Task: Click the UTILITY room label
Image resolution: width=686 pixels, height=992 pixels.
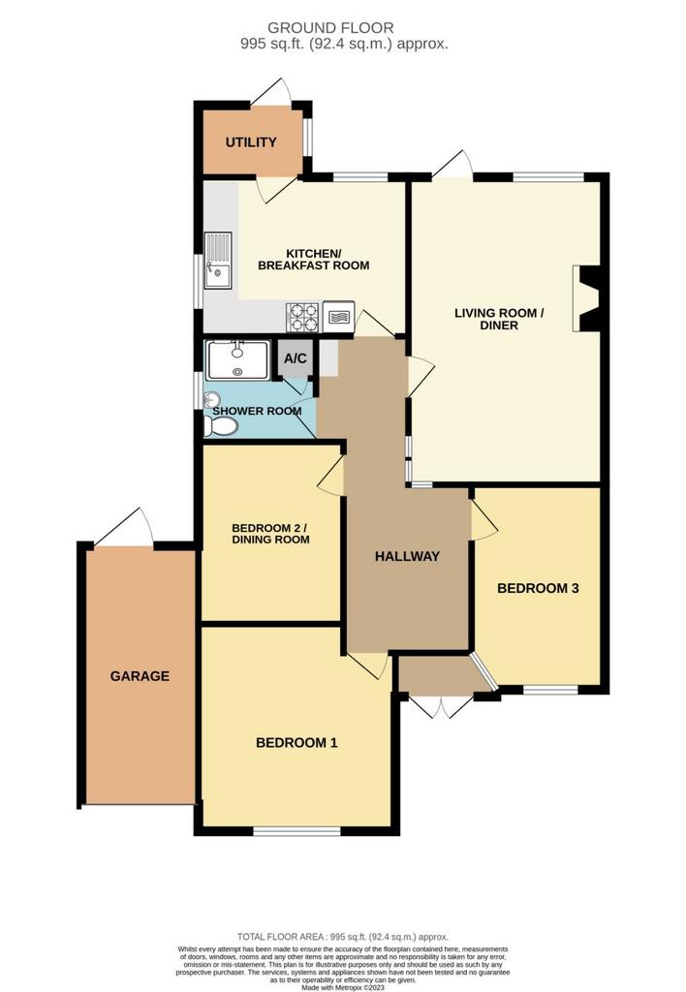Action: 251,142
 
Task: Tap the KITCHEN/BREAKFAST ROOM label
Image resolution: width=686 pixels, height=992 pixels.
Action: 314,260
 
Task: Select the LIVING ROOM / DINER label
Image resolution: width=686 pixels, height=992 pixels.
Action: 499,319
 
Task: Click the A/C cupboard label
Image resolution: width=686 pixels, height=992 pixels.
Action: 295,358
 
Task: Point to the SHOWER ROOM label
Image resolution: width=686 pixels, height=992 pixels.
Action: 257,411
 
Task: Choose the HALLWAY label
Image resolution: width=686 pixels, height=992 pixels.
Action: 407,556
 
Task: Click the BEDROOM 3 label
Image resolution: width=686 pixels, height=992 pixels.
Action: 538,588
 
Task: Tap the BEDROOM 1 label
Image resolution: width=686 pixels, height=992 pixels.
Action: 296,743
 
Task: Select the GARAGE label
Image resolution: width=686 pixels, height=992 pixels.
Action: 140,676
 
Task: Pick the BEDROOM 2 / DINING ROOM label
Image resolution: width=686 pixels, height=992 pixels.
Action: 270,534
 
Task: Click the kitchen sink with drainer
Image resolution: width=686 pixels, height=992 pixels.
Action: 218,261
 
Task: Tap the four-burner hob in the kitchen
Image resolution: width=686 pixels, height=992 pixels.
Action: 302,318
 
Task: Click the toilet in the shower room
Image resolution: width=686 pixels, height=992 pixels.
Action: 220,426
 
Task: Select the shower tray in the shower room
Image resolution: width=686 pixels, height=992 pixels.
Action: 237,360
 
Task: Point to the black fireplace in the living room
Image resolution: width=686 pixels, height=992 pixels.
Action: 586,298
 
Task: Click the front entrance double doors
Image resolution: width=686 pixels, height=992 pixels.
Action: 441,705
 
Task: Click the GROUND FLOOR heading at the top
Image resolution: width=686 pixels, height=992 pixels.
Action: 330,28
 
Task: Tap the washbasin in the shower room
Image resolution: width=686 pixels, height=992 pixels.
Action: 212,399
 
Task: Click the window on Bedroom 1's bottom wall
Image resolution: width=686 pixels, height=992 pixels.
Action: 296,830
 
